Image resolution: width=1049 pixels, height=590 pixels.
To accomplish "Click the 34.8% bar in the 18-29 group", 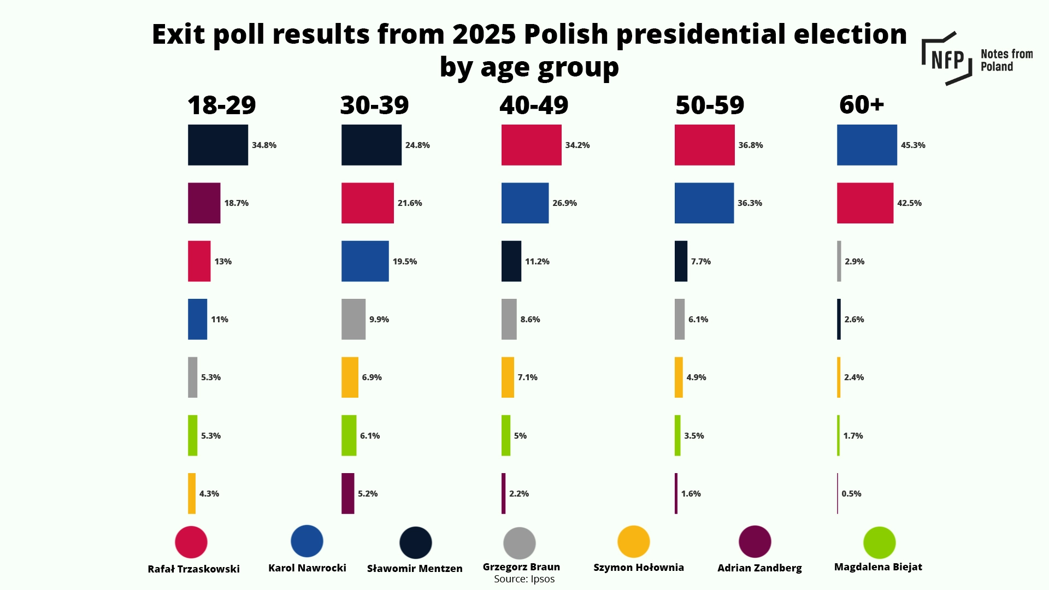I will pos(217,145).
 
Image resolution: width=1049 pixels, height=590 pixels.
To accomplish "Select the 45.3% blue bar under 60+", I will pos(867,145).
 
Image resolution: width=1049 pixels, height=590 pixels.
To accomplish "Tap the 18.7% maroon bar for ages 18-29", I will pos(204,203).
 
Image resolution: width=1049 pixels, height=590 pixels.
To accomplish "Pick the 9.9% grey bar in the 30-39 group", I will pos(353,319).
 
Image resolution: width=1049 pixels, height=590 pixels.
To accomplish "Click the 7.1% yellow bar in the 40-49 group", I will pos(508,377).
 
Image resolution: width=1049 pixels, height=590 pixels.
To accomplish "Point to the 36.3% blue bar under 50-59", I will pos(704,203).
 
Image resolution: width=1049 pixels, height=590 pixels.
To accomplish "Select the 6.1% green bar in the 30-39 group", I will pos(349,435).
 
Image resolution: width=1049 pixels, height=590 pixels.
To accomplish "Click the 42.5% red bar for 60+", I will pos(865,203).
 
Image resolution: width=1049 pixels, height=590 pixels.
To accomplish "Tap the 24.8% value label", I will pos(417,145).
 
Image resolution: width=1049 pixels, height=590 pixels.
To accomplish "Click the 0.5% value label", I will pos(851,494).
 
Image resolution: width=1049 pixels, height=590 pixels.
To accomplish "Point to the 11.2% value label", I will pos(537,262).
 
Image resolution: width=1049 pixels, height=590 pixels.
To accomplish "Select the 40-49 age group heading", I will pos(534,105).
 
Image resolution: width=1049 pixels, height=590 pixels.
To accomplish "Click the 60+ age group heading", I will pos(862,104).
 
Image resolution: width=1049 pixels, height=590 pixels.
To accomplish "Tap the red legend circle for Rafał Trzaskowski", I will pos(191,542).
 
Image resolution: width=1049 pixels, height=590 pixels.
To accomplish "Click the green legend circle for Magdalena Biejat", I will pos(879,542).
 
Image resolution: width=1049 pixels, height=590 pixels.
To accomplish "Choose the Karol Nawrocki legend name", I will pos(307,568).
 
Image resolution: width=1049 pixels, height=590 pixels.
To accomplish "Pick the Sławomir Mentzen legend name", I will pos(415,569).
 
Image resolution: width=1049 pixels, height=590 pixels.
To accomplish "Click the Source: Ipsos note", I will pos(524,579).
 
